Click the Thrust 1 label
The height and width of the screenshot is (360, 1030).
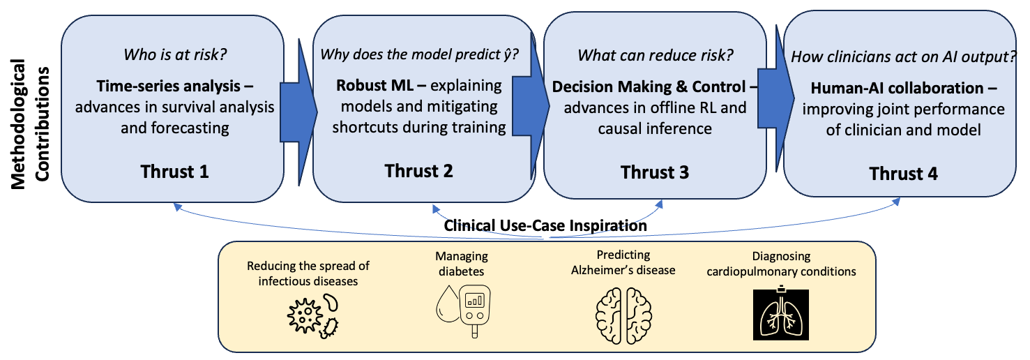pos(174,171)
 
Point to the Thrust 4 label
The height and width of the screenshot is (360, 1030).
pos(904,174)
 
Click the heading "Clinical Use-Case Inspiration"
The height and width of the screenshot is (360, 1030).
pos(545,225)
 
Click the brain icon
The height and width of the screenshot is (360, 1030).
pos(623,315)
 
